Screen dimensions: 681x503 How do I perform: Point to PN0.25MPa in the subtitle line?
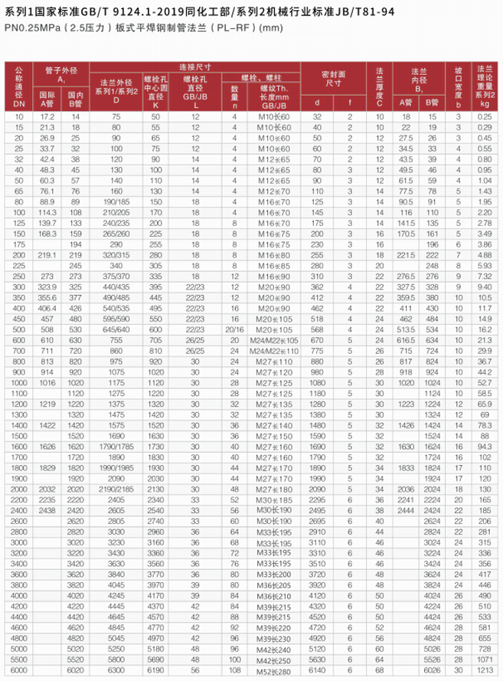pyautogui.click(x=29, y=28)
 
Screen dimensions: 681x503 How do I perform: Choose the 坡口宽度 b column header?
pyautogui.click(x=459, y=84)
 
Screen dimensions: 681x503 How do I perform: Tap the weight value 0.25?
pyautogui.click(x=484, y=115)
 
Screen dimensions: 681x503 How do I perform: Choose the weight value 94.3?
pyautogui.click(x=484, y=444)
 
